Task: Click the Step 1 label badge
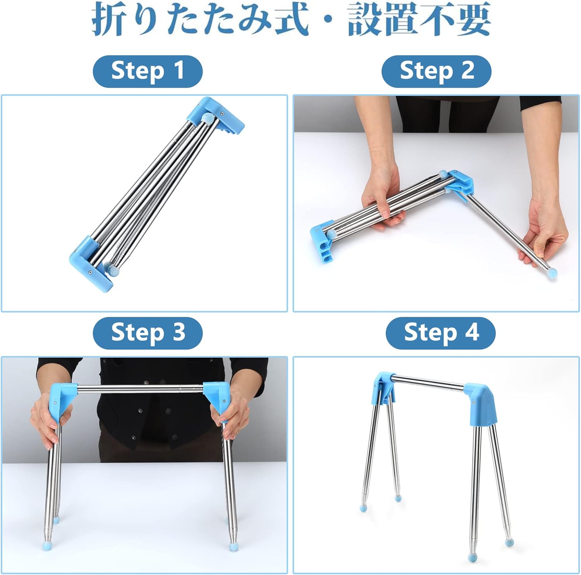[148, 71]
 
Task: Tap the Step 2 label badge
[437, 71]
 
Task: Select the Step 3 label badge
[148, 333]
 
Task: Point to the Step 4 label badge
[441, 333]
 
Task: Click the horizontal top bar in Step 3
[141, 388]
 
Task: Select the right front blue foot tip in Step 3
[233, 546]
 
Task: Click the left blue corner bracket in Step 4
[383, 387]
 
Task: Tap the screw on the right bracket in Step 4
[473, 403]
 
